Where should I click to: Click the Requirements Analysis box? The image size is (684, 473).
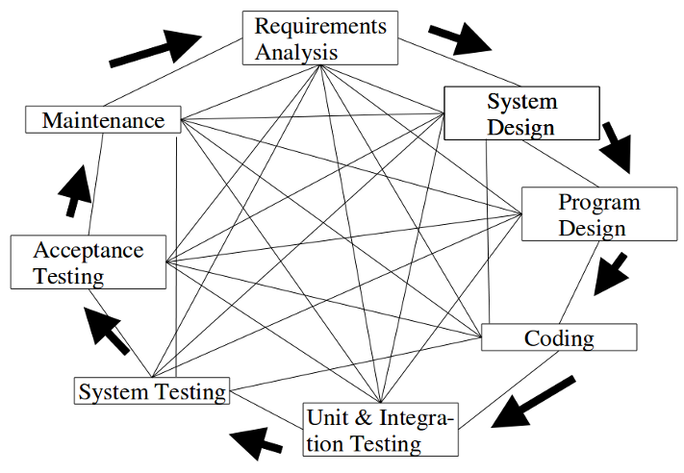[319, 38]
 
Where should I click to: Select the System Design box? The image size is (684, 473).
[521, 113]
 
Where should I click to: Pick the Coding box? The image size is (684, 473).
[558, 337]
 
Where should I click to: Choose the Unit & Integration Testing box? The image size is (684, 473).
[380, 430]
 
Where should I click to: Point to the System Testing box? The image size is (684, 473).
[151, 391]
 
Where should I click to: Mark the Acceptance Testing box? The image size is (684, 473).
[89, 262]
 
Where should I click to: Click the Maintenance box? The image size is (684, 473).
[103, 120]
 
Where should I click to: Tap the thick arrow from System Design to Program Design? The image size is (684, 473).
[617, 146]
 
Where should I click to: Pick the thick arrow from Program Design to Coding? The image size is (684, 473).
[610, 273]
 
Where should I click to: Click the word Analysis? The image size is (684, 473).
[296, 51]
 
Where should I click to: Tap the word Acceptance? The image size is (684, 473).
[89, 251]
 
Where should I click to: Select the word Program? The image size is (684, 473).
[598, 203]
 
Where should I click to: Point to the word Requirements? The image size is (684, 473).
[320, 26]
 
